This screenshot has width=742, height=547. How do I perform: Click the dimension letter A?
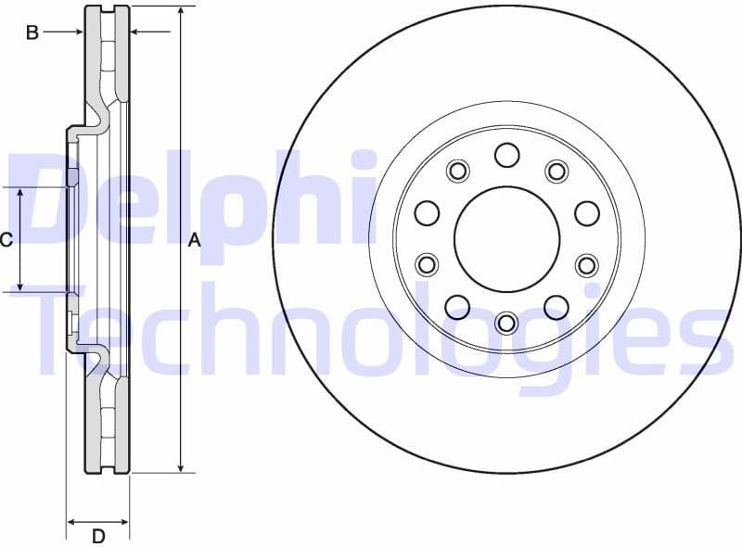[195, 241]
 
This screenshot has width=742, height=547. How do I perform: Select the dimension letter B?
[32, 33]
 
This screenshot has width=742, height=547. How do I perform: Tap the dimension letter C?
[6, 241]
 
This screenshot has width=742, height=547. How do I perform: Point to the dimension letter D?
[98, 536]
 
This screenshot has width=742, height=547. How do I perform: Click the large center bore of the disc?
[506, 237]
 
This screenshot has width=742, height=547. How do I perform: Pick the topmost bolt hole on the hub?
[506, 154]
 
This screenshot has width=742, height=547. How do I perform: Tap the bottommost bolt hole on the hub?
[506, 322]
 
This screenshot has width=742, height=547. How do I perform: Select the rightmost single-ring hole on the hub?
[586, 213]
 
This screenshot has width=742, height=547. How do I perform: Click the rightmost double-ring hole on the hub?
[587, 265]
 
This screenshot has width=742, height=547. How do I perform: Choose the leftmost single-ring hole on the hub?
[427, 213]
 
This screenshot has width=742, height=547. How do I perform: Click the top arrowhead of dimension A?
[182, 11]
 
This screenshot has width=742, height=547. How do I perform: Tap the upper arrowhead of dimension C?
[21, 193]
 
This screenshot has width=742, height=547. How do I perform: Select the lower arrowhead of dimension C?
[21, 286]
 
